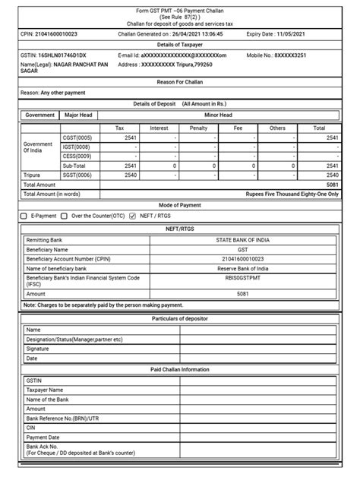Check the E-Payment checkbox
tap(24, 216)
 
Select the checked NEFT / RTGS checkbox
tap(132, 216)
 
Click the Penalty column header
tap(198, 128)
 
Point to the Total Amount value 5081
tap(331, 184)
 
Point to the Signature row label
tap(39, 349)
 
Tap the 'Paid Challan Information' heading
tap(180, 369)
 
